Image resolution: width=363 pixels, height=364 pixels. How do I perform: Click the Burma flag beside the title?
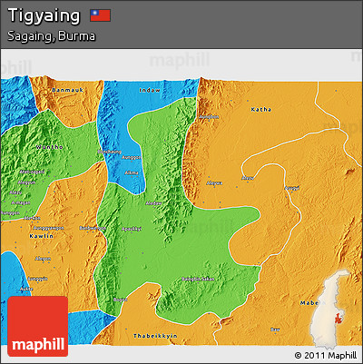pos(100,15)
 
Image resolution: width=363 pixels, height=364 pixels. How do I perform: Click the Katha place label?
pos(261,109)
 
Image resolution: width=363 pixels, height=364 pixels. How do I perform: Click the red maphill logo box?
pos(37,326)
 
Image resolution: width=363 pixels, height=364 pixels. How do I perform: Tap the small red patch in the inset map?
pos(339,316)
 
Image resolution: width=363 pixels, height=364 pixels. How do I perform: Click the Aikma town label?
pos(132,172)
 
